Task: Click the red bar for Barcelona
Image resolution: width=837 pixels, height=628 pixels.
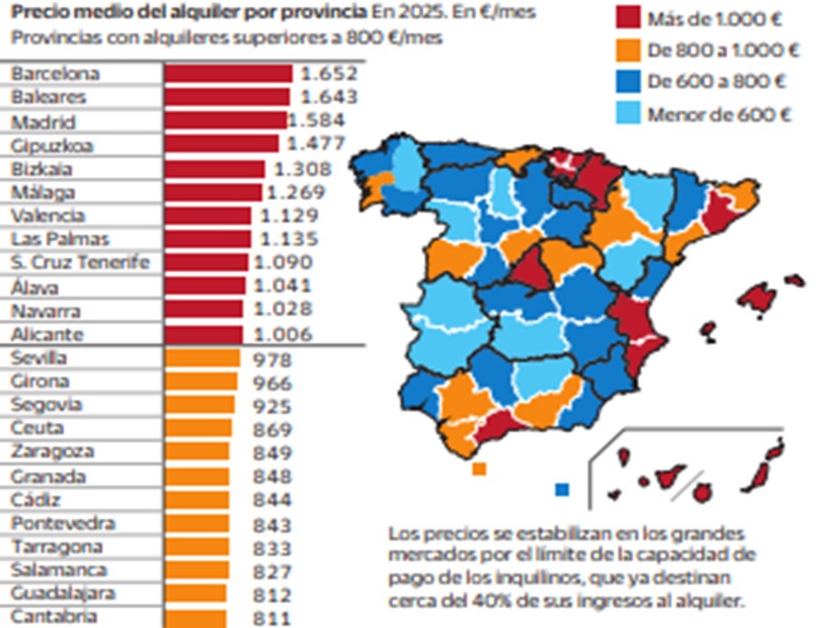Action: pos(228,74)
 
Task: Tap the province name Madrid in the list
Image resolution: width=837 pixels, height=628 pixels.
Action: pos(43,122)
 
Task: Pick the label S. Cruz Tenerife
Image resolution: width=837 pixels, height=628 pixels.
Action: pos(80,263)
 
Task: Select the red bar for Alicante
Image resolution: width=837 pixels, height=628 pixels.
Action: pos(204,334)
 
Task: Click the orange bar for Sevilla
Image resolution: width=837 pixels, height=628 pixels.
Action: pos(202,358)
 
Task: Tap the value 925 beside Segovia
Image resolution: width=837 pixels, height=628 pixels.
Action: pos(272,406)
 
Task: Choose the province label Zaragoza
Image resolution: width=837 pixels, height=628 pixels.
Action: pos(52,452)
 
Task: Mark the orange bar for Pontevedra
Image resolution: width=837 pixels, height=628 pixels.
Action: pos(197,524)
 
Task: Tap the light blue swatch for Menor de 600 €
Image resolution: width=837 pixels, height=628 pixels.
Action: pos(627,114)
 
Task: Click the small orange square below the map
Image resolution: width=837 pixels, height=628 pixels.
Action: pos(479,469)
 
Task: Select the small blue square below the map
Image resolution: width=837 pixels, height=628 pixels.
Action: pos(562,489)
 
